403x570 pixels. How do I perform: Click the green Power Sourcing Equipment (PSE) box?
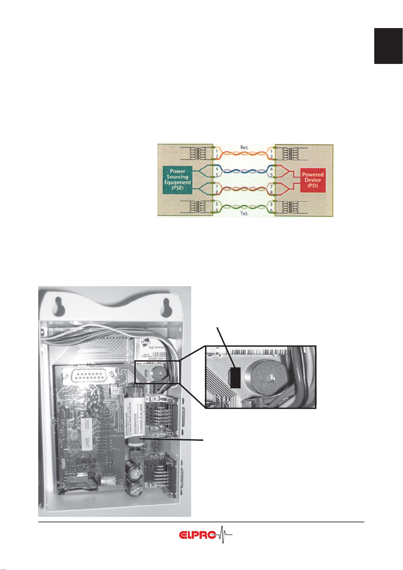pyautogui.click(x=177, y=179)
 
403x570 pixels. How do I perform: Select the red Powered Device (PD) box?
pyautogui.click(x=312, y=180)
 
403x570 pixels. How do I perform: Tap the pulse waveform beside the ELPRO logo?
pyautogui.click(x=224, y=534)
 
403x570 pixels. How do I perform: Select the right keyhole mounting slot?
pyautogui.click(x=167, y=305)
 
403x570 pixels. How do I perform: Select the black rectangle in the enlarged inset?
pyautogui.click(x=235, y=377)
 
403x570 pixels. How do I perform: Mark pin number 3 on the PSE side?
pyautogui.click(x=217, y=204)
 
